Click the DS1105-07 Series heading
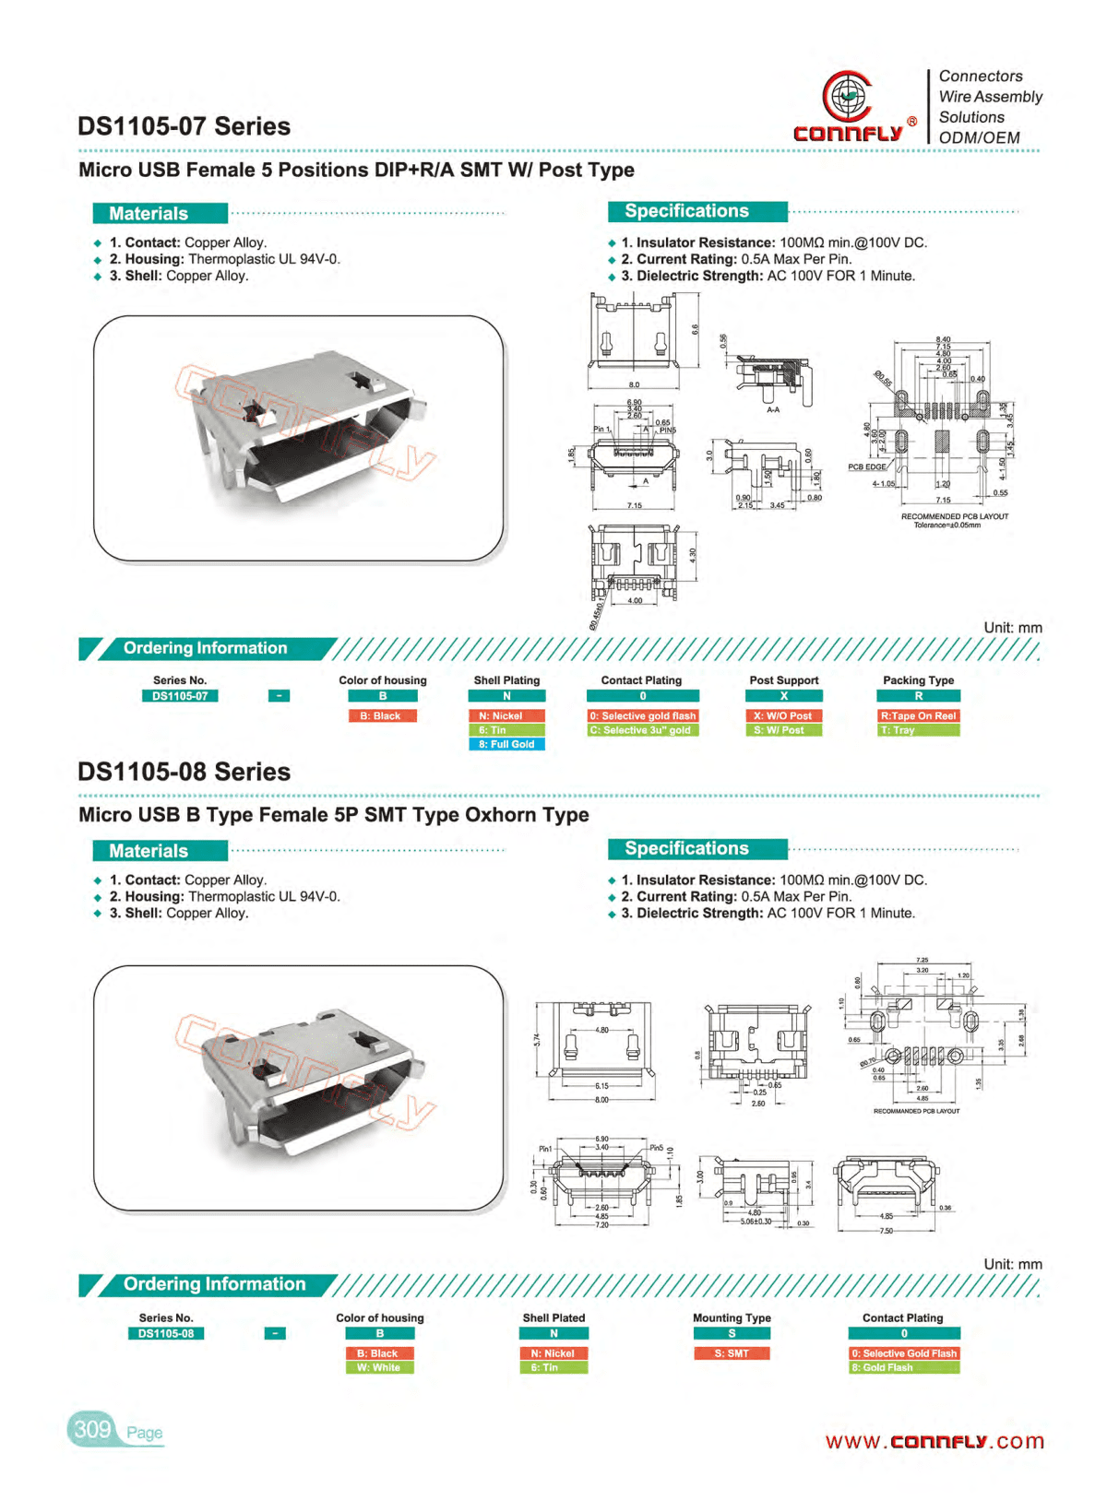tap(184, 126)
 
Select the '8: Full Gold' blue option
tap(506, 744)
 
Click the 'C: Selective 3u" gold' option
tap(642, 730)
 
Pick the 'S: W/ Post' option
tap(783, 730)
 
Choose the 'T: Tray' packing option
tap(918, 730)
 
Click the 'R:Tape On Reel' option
tap(918, 715)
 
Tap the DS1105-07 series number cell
tap(180, 696)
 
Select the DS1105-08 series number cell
tap(166, 1333)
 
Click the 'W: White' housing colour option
tap(379, 1367)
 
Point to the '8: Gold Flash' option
tap(903, 1367)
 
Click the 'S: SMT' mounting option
tap(732, 1353)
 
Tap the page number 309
tap(92, 1429)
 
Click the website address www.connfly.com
tap(934, 1441)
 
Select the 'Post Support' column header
tap(783, 680)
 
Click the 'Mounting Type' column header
tap(732, 1317)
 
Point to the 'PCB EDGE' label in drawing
tap(867, 467)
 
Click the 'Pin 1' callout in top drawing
tap(601, 430)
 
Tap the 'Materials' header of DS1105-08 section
tap(149, 851)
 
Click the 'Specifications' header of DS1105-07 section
tap(687, 211)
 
